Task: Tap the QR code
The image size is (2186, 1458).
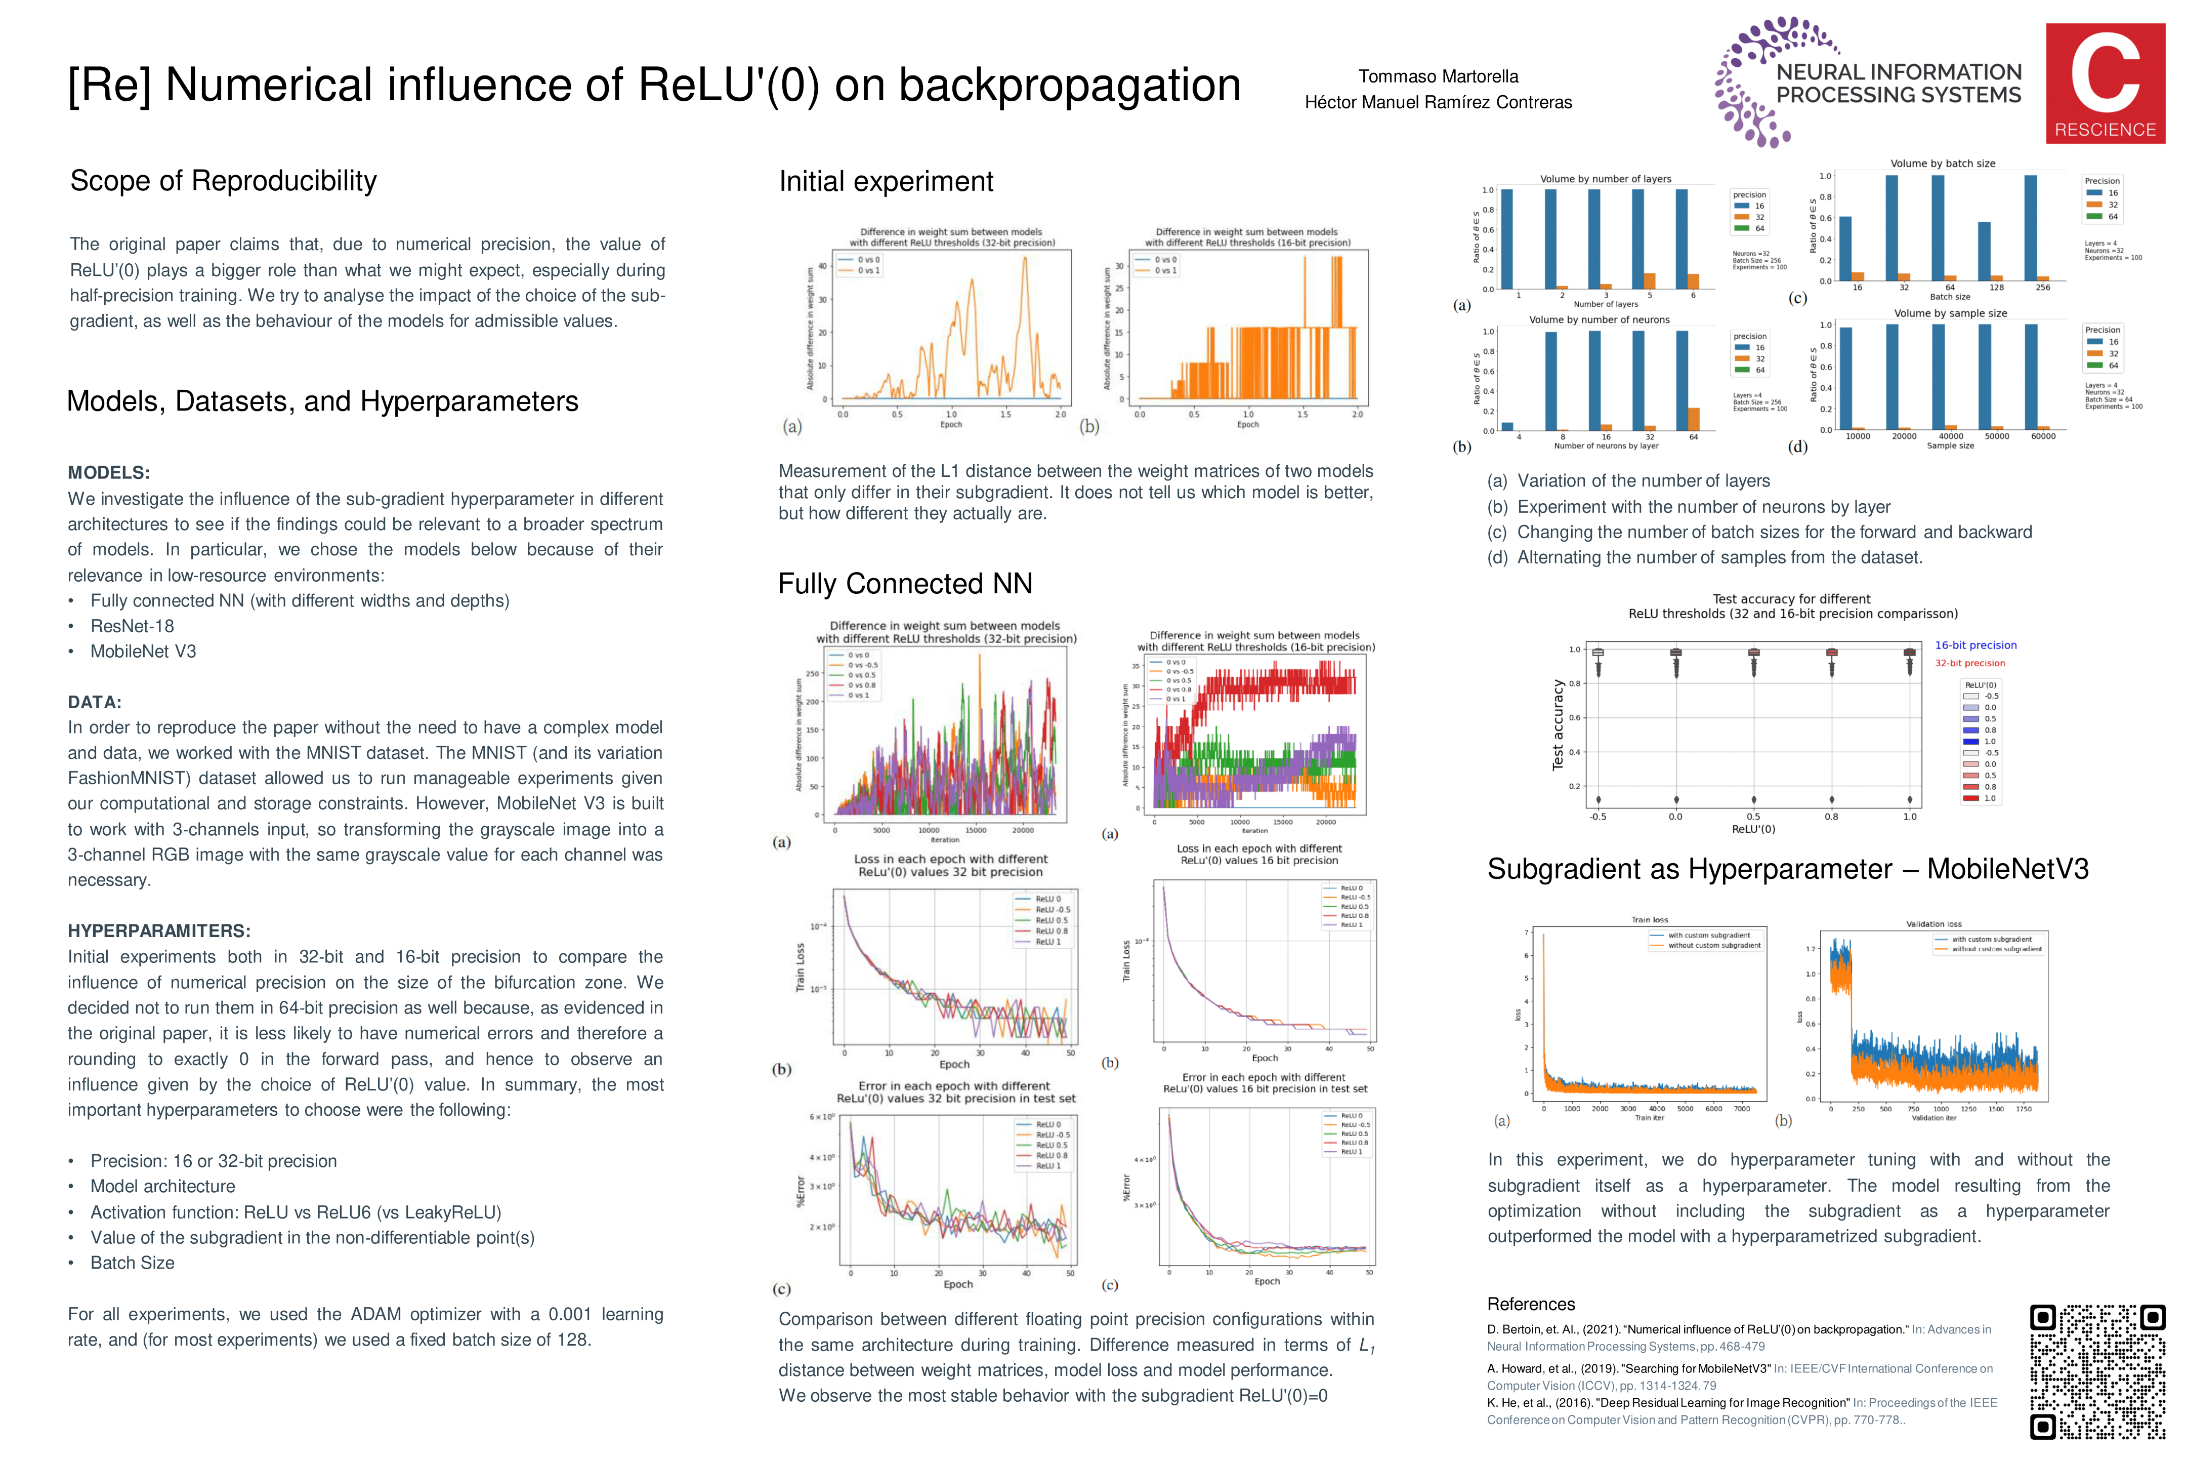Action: point(2098,1371)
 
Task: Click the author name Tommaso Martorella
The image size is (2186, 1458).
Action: point(1438,76)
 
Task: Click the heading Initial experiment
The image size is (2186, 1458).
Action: point(886,181)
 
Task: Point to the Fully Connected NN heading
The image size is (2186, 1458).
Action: point(904,583)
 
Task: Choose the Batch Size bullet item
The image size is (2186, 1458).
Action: point(132,1263)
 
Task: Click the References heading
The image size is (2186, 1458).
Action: point(1531,1304)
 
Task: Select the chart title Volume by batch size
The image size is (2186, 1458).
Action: point(1943,164)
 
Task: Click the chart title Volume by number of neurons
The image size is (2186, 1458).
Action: point(1599,320)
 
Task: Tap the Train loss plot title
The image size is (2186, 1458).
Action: point(1649,920)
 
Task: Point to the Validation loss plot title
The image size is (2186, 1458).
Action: point(1933,924)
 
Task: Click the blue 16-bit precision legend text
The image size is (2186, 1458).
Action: point(1975,645)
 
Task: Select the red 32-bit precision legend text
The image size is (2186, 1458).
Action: point(1969,663)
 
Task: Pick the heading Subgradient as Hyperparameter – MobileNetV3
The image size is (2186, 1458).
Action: point(1787,869)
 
